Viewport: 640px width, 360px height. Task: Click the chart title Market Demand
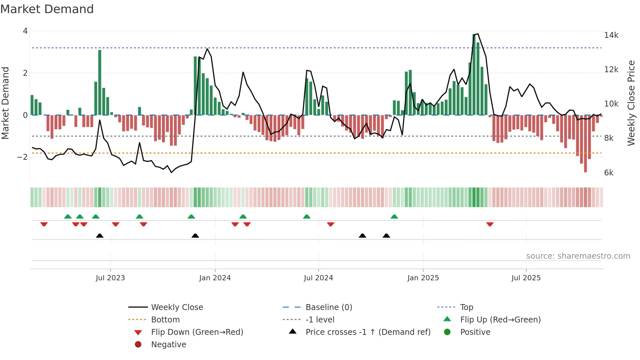pos(47,9)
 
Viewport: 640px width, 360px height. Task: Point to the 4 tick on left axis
pos(25,31)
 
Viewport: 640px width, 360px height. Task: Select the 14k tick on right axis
pos(611,35)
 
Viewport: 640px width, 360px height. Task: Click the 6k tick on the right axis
pos(609,173)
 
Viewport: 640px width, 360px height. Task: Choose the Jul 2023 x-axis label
pos(110,278)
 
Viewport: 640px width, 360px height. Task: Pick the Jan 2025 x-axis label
pos(423,278)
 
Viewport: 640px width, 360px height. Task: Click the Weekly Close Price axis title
pos(631,103)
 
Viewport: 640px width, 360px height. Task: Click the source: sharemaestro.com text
pos(578,256)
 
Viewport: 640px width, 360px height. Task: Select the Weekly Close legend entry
pos(177,307)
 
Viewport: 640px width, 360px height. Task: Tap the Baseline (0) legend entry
pos(328,307)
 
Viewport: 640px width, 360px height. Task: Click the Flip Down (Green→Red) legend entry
pos(197,332)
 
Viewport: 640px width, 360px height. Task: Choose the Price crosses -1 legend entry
pos(368,332)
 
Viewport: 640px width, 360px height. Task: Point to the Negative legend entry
pos(168,345)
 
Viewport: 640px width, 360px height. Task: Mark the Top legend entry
pos(466,307)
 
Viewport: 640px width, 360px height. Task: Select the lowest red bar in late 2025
pos(585,144)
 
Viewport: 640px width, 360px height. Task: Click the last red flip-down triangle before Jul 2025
pos(489,224)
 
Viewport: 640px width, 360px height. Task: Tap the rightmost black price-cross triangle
pos(386,236)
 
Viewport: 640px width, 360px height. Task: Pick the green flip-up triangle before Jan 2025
pos(394,217)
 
